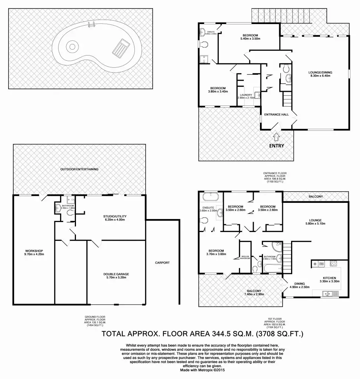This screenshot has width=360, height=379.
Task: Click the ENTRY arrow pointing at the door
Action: click(x=276, y=137)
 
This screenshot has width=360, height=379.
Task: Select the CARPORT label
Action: click(x=162, y=263)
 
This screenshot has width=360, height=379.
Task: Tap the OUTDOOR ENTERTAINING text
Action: click(x=79, y=169)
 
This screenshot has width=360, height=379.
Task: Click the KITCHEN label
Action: click(x=329, y=278)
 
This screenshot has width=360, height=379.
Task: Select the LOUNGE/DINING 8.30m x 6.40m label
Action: click(x=320, y=74)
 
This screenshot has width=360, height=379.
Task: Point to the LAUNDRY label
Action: click(x=246, y=95)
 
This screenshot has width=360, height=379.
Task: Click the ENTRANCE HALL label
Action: click(x=276, y=115)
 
